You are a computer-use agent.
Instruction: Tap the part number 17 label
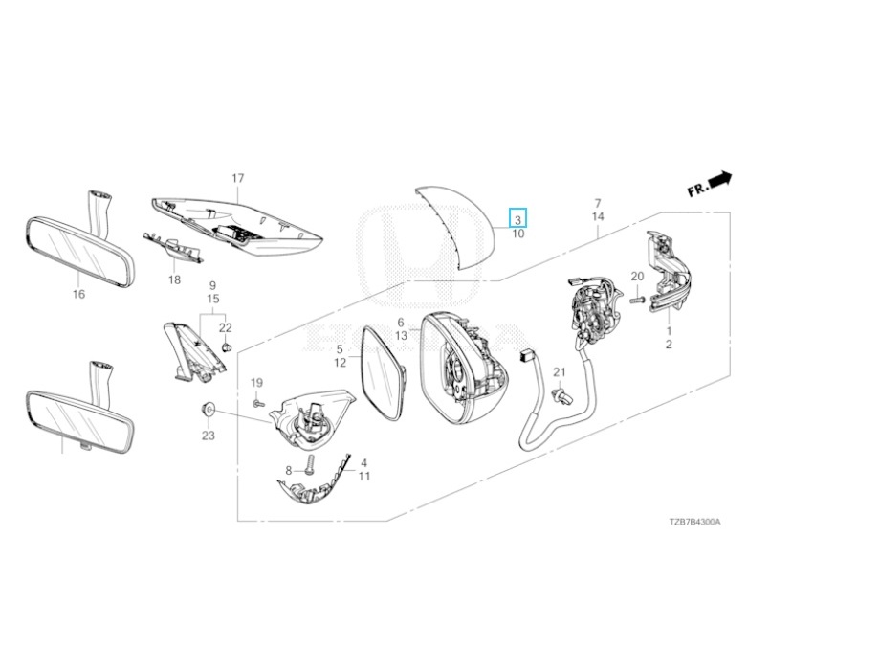point(238,179)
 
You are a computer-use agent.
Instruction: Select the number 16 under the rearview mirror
point(78,294)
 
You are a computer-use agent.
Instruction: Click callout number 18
point(174,279)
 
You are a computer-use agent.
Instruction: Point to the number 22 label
point(226,328)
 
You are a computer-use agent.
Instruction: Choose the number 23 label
point(208,435)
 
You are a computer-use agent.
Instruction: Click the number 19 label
point(256,383)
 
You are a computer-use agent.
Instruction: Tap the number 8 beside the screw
point(288,470)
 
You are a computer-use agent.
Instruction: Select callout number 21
point(561,372)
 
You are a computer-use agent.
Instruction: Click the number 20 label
point(637,277)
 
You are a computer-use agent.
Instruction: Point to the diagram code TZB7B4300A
point(694,523)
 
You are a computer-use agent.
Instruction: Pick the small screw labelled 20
point(634,299)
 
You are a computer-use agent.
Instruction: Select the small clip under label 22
point(227,346)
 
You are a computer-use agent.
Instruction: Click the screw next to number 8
point(310,467)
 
